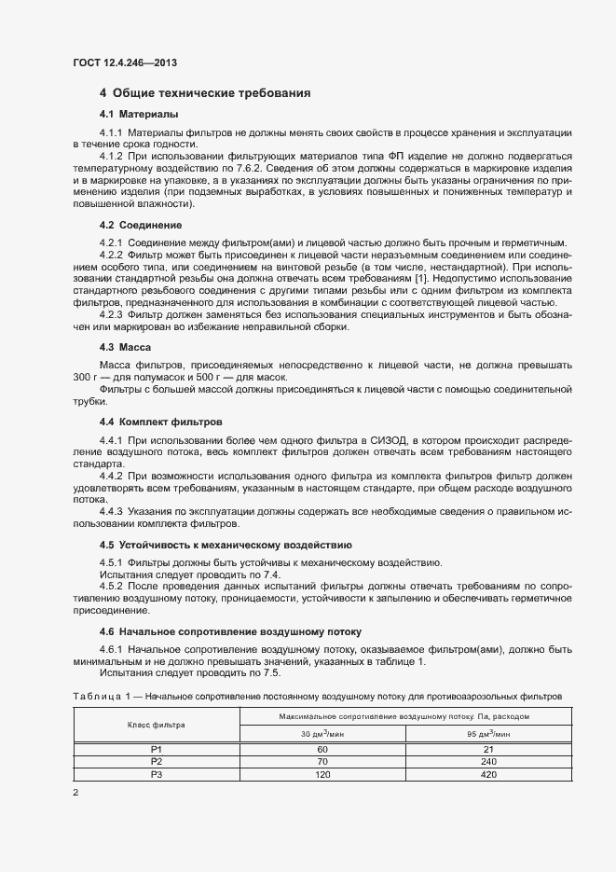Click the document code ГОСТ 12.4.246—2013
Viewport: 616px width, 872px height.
point(124,62)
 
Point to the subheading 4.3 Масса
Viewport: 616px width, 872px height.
point(118,347)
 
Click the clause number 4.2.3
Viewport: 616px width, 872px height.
point(111,315)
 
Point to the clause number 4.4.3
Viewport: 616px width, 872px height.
point(111,511)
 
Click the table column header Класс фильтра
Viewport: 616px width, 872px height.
point(157,725)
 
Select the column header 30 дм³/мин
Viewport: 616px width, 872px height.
point(322,734)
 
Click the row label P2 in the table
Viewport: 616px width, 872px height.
point(157,761)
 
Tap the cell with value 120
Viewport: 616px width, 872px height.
point(322,774)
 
